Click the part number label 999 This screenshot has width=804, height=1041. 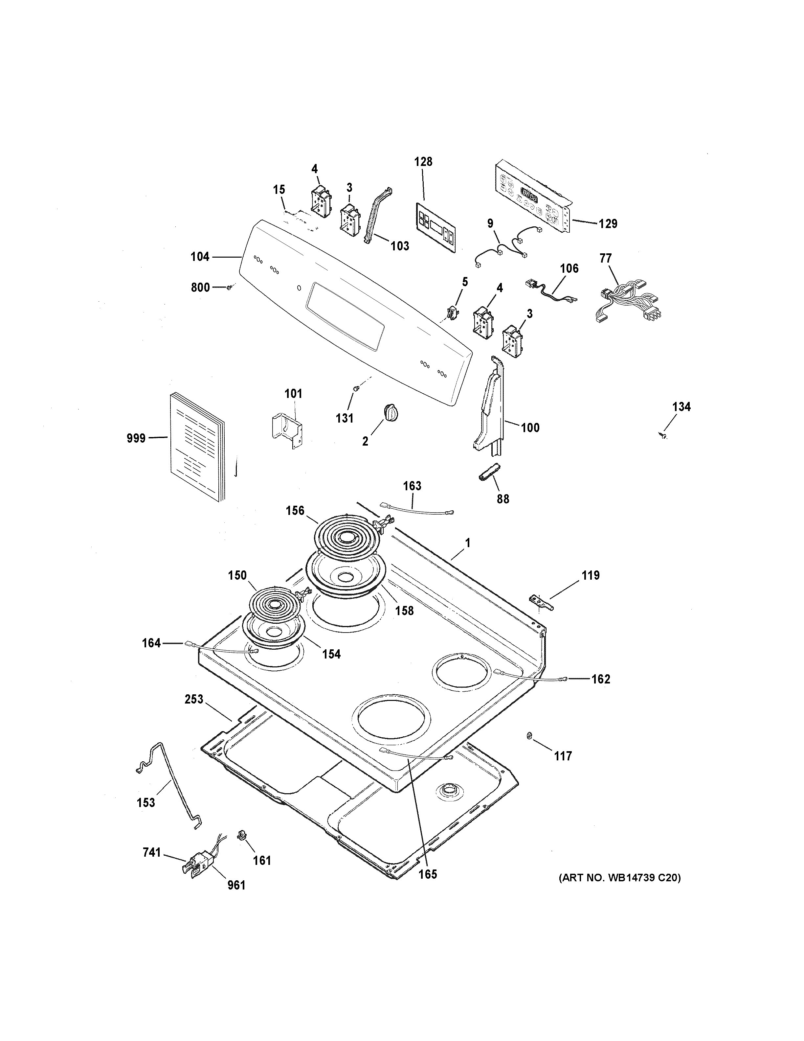(136, 438)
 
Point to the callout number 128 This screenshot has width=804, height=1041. (423, 162)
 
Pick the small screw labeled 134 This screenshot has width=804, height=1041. (662, 435)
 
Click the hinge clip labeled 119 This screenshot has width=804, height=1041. (540, 602)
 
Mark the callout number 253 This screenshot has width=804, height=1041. (194, 699)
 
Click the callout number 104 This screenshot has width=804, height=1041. (200, 257)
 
